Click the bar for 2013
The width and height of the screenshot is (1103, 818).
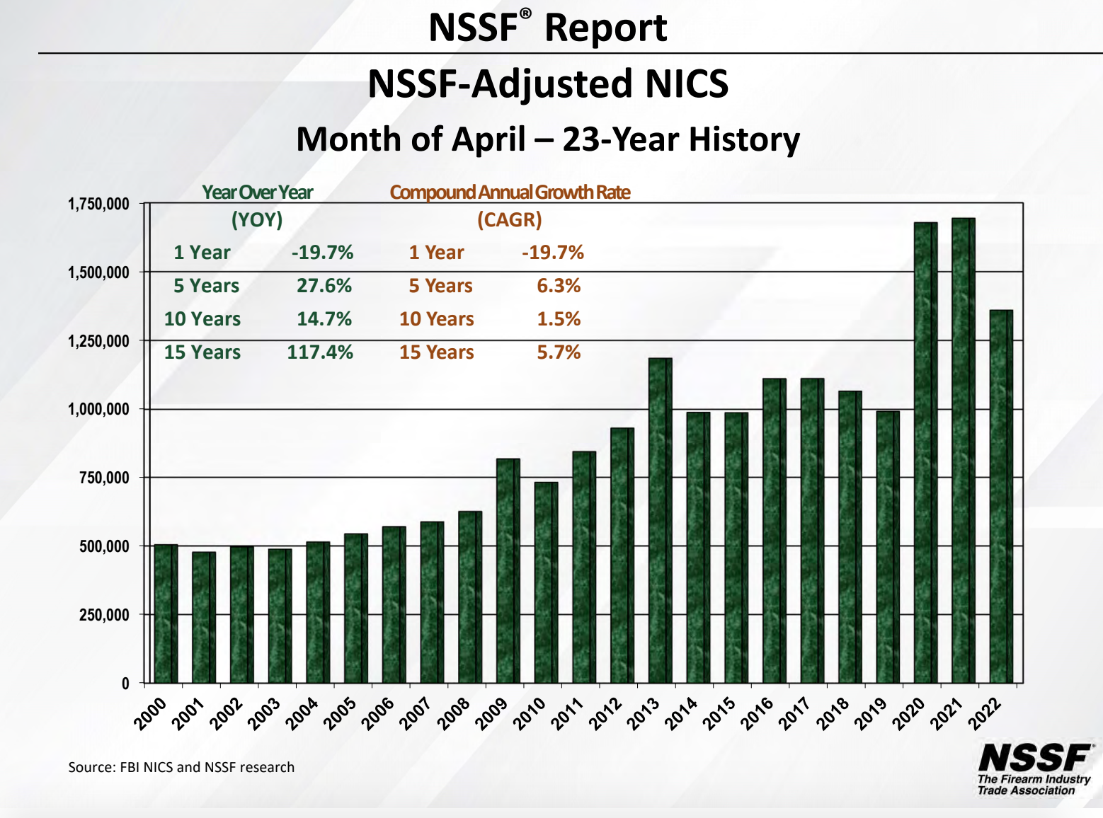coord(660,520)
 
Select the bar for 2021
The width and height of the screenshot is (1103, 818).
coord(964,450)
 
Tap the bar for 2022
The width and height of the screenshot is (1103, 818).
coord(1001,496)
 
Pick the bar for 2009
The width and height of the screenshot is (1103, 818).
coord(508,570)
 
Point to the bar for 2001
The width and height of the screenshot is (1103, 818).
coord(204,617)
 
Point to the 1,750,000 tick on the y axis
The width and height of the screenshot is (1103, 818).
coord(98,204)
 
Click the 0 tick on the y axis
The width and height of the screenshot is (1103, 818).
coord(125,684)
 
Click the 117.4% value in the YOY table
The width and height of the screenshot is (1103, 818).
coord(320,352)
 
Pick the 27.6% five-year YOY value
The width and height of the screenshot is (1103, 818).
coord(324,286)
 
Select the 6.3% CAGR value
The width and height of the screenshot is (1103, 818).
coord(559,286)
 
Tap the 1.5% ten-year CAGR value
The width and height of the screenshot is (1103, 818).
coord(559,319)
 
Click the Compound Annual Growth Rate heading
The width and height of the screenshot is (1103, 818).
coord(510,192)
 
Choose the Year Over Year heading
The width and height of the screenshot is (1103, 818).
coord(257,192)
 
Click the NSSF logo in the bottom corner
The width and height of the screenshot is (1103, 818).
coord(1034,768)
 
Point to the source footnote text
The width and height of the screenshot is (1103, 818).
coord(181,767)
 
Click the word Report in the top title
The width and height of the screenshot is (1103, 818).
coord(605,28)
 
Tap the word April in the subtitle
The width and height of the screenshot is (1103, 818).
coord(488,139)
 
